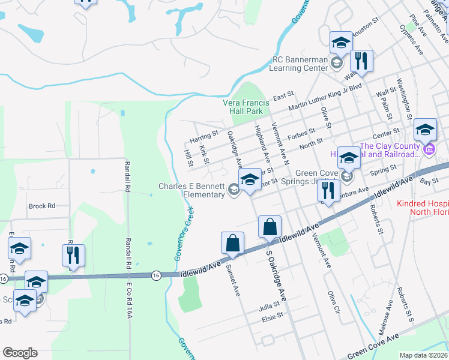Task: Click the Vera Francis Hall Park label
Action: (251, 107)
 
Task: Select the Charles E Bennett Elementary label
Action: (191, 190)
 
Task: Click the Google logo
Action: (20, 353)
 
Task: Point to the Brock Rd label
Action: (41, 206)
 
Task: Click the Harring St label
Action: (203, 138)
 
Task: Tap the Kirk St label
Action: (204, 154)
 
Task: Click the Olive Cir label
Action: (333, 303)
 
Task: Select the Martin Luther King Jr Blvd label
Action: (334, 95)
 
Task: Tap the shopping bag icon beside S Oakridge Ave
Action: (270, 227)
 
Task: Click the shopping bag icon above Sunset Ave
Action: (232, 243)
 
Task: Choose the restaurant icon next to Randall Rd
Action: (73, 255)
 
